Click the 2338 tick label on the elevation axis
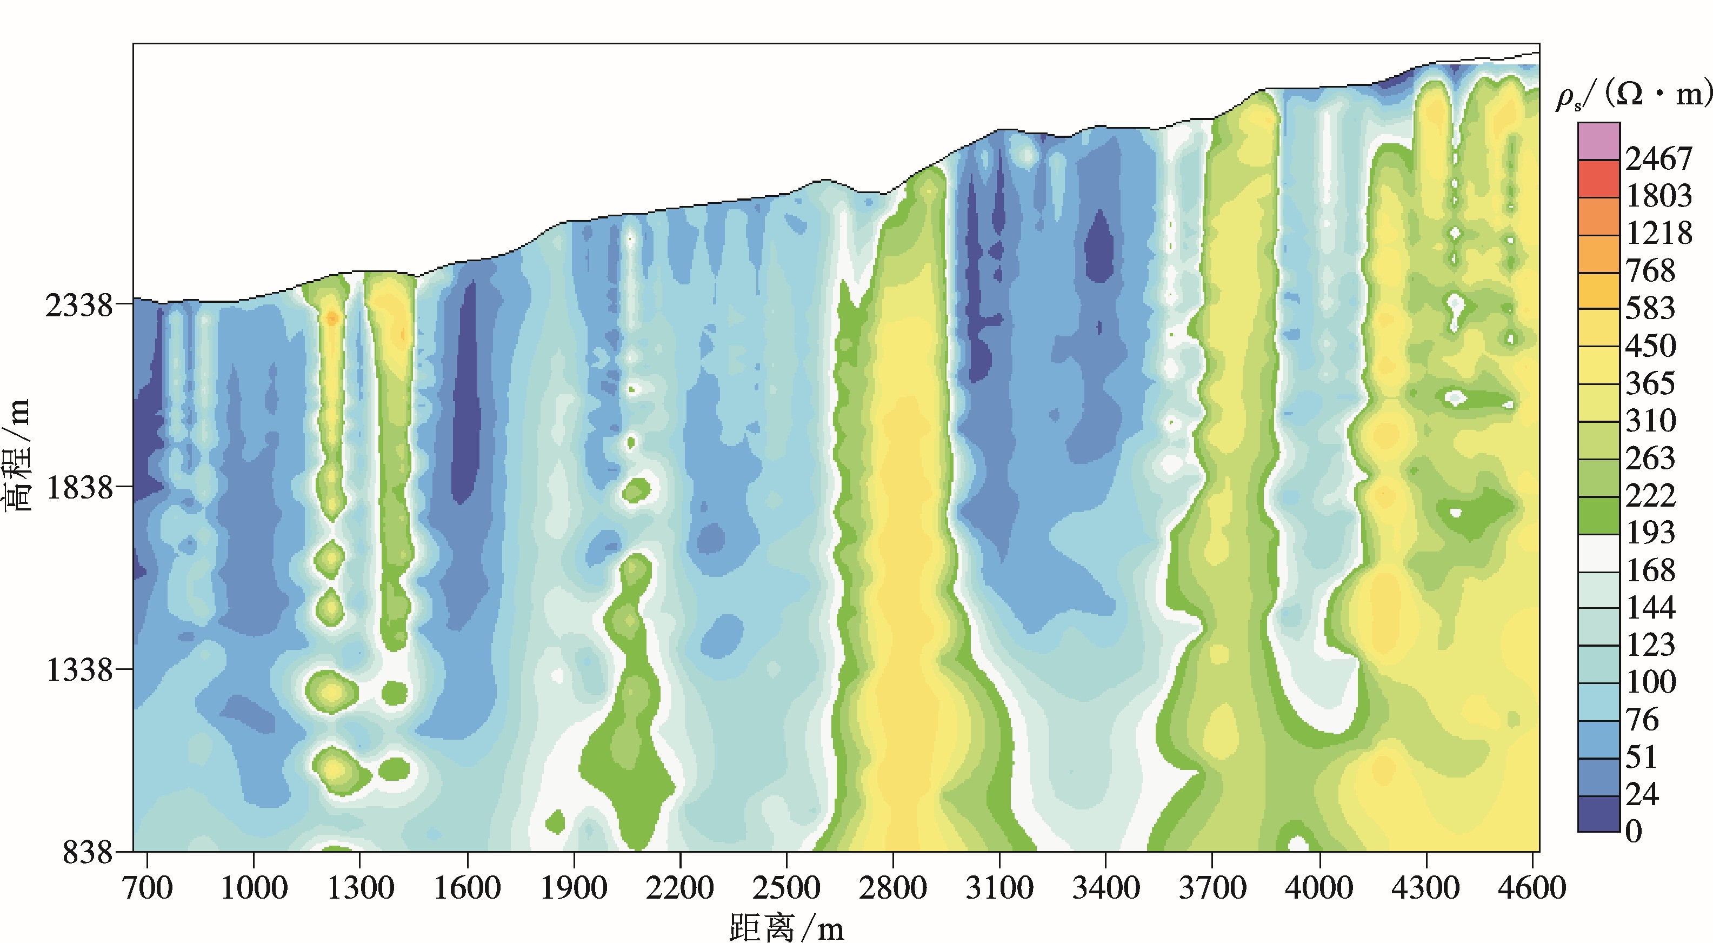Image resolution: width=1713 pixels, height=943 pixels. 78,306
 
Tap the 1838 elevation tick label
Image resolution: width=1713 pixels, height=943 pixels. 78,488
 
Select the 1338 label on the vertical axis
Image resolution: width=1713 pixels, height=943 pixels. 78,670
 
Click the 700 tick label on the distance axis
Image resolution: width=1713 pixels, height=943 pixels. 147,888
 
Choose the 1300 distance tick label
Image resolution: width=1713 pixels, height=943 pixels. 361,888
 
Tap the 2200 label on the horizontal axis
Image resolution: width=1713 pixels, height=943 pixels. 679,888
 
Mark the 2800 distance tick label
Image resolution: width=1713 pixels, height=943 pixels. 892,888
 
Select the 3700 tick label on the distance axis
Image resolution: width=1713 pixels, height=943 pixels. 1212,888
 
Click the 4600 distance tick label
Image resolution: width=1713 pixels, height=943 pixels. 1531,888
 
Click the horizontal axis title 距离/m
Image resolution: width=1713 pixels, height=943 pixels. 786,927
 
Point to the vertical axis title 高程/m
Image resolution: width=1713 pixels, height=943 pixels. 17,455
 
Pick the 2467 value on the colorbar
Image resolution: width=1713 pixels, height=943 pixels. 1658,159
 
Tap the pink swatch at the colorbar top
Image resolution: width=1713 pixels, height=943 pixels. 1598,141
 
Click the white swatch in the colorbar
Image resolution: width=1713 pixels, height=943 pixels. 1598,553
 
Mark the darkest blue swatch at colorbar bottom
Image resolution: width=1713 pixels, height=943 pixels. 1598,814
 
